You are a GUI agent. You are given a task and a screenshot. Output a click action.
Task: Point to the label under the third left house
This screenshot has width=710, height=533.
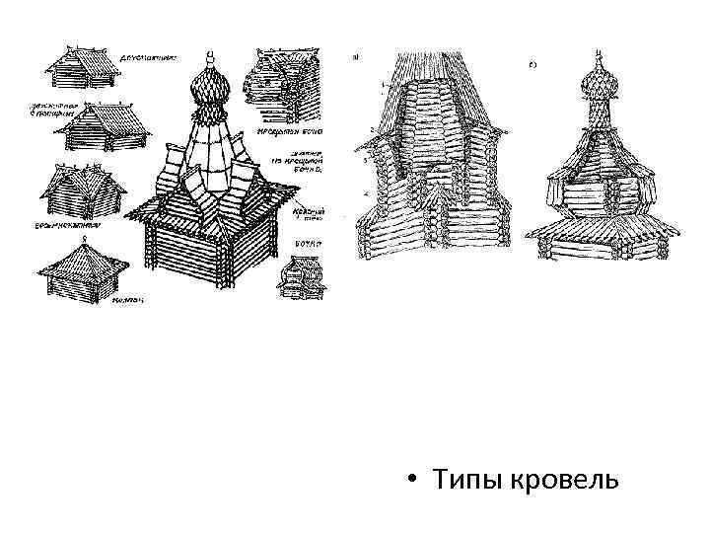(74, 226)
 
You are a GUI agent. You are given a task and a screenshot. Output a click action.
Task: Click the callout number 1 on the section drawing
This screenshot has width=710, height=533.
(371, 86)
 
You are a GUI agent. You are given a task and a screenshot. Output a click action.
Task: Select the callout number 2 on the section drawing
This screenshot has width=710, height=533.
(369, 129)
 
